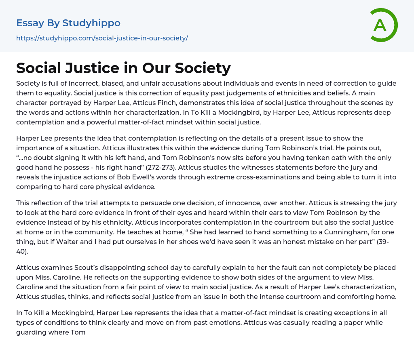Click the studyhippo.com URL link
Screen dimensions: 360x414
click(x=102, y=38)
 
